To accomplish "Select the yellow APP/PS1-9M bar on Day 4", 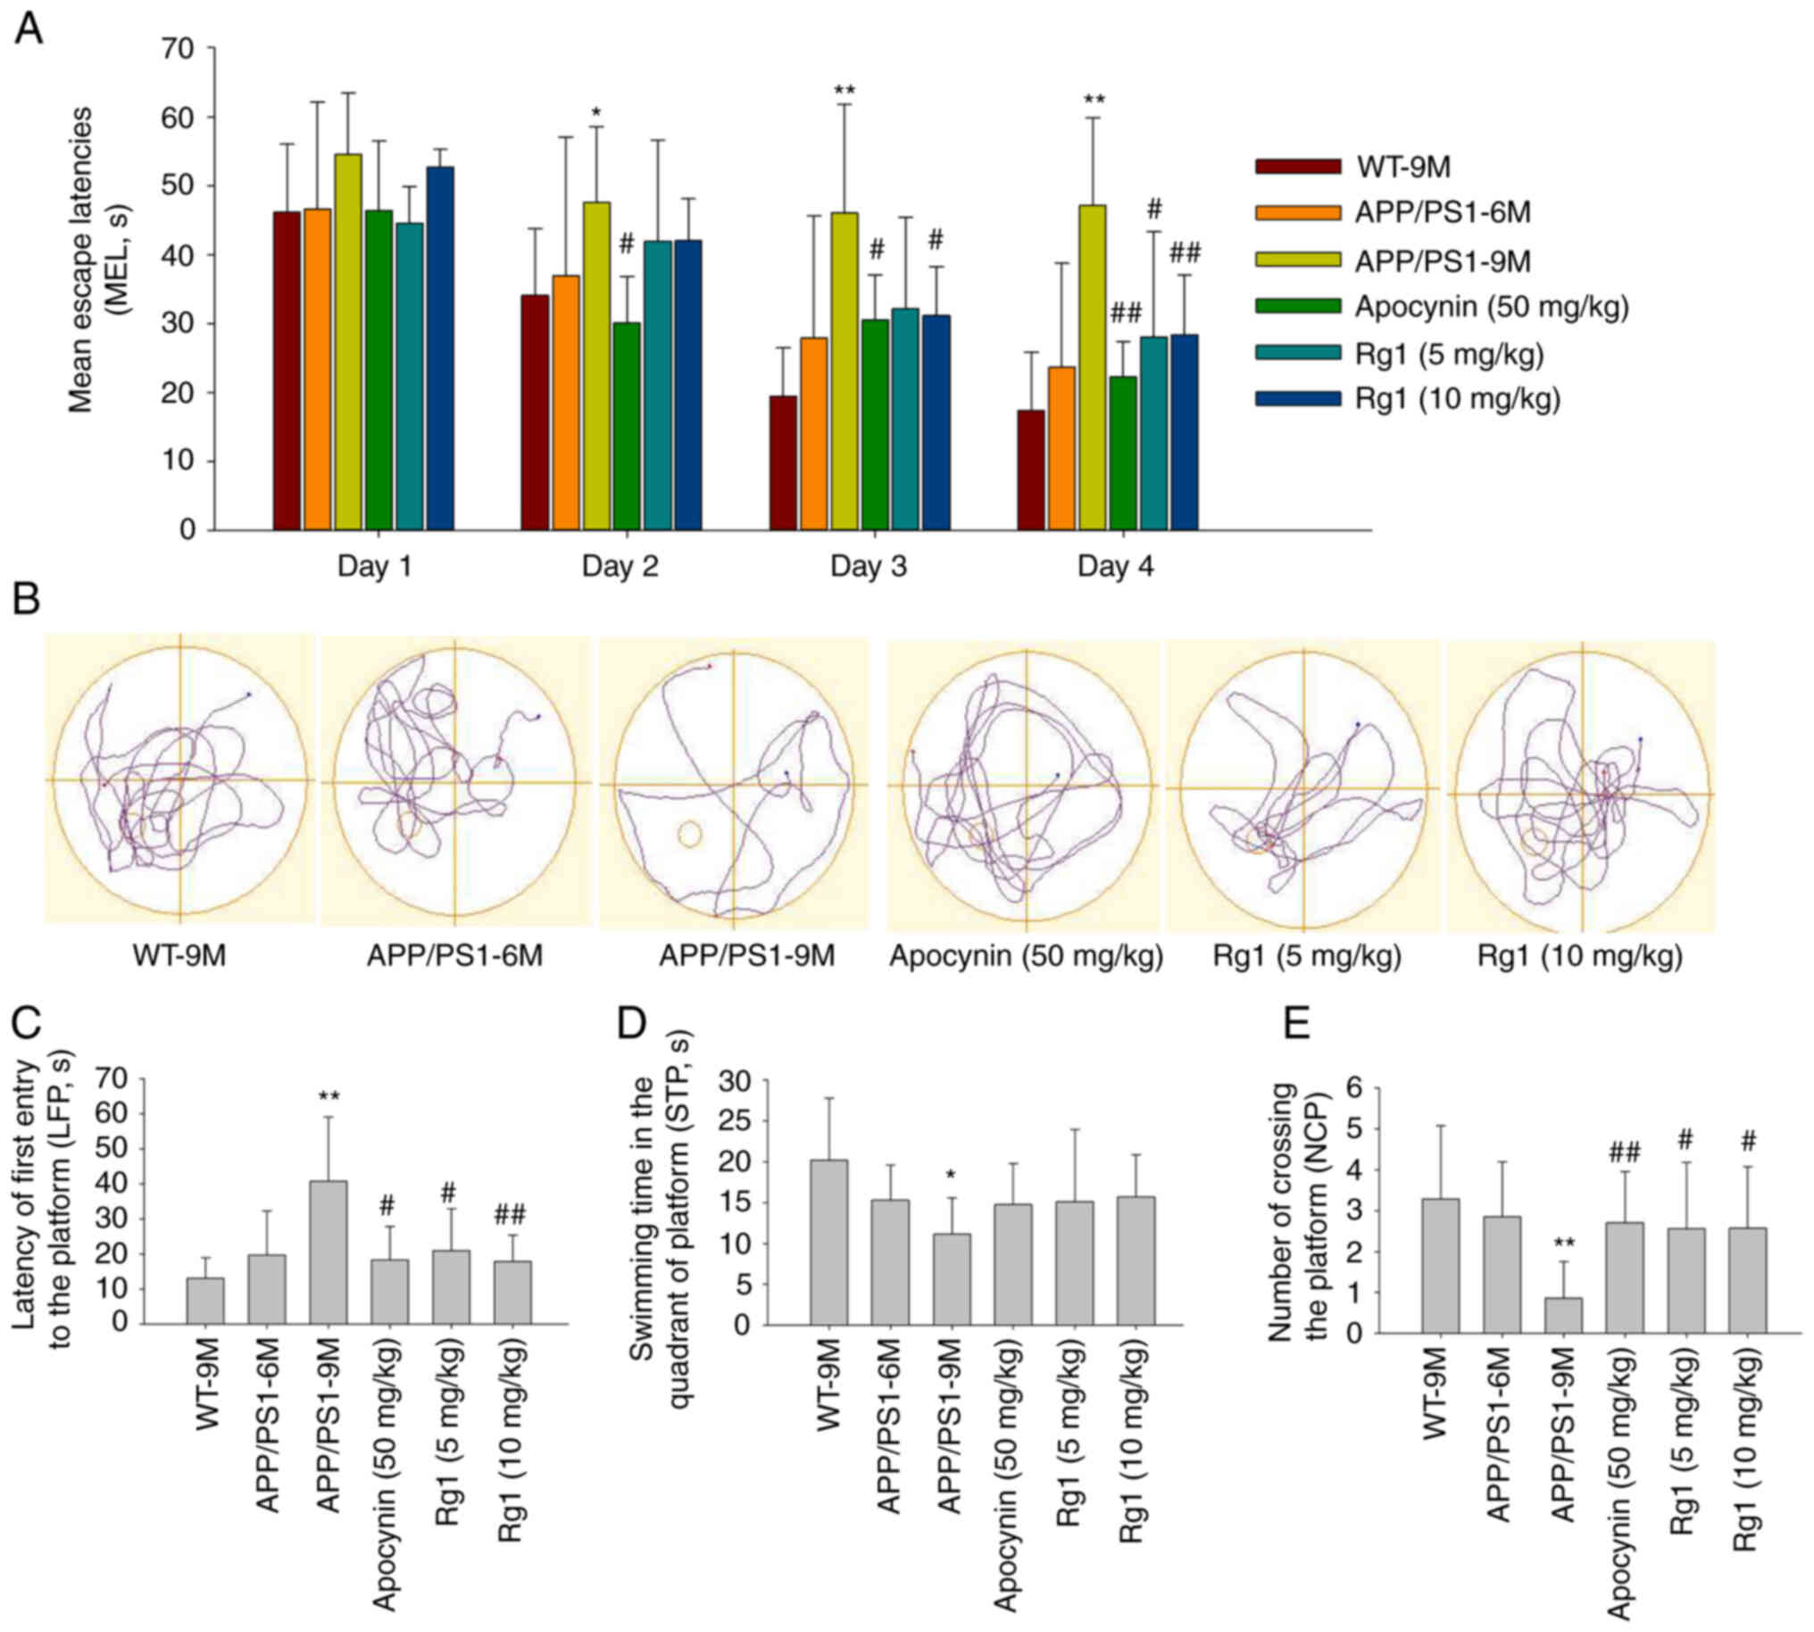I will click(1092, 368).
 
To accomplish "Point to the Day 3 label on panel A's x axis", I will click(868, 568).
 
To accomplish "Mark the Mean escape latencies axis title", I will click(95, 260).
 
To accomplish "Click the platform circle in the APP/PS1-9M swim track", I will click(688, 834).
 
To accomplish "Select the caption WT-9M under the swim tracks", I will click(179, 956).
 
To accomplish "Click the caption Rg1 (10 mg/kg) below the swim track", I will click(1580, 957).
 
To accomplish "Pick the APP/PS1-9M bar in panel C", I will click(329, 1252).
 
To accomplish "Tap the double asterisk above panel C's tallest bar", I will click(329, 1095).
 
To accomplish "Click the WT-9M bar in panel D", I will click(828, 1242).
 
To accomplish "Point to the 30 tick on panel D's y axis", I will click(745, 1081).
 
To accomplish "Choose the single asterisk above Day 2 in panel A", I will click(596, 113).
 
